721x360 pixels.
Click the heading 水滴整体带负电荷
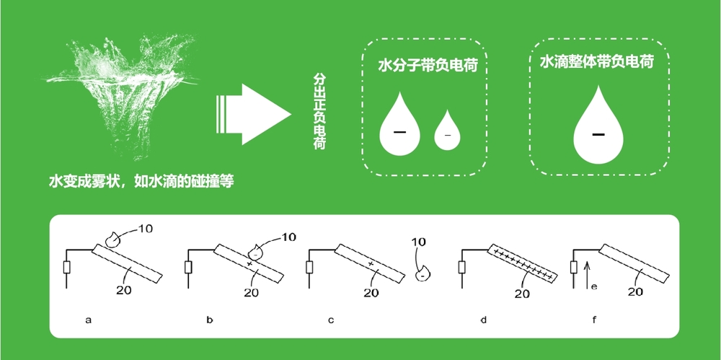pos(597,63)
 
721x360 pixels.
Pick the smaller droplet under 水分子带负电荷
pos(447,131)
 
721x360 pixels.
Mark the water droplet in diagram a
pos(112,237)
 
